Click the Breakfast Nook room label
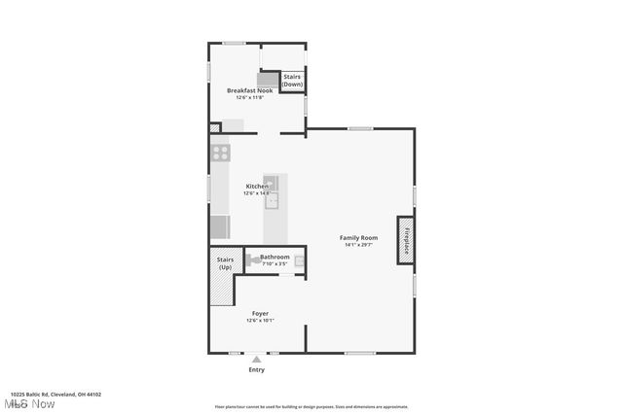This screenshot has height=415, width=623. click(x=249, y=90)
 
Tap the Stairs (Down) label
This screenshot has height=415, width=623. click(x=292, y=80)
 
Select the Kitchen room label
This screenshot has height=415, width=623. click(x=256, y=186)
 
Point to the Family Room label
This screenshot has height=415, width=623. click(x=357, y=237)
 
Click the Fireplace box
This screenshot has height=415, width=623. click(x=404, y=240)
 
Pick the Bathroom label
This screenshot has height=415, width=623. click(x=275, y=257)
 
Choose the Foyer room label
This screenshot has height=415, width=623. click(x=260, y=313)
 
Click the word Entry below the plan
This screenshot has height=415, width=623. click(x=256, y=370)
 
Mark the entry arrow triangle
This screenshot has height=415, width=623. click(x=256, y=360)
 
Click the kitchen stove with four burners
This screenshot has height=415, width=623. click(x=220, y=153)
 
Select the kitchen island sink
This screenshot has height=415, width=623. click(x=275, y=200)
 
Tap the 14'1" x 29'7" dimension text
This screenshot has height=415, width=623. click(x=357, y=245)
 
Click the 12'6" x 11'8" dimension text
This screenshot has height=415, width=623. click(x=249, y=97)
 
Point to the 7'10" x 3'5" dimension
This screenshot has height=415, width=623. click(x=275, y=263)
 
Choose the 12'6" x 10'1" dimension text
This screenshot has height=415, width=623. click(x=260, y=321)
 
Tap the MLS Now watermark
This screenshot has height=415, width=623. click(x=28, y=403)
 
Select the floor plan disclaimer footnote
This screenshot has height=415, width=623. click(x=311, y=406)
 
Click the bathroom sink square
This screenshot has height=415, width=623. click(x=300, y=260)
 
